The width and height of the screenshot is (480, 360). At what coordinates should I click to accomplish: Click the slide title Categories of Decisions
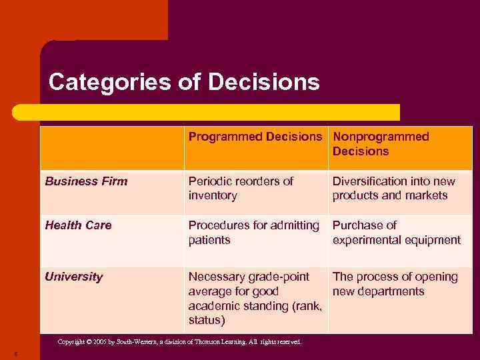click(184, 83)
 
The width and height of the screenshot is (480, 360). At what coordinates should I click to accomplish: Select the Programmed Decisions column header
click(255, 137)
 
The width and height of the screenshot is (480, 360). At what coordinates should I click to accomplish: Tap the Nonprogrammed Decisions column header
click(381, 144)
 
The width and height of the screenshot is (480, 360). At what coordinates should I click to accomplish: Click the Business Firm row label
click(86, 181)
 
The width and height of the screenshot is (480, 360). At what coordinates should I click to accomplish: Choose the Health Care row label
click(78, 225)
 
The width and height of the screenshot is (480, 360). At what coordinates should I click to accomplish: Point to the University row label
click(74, 277)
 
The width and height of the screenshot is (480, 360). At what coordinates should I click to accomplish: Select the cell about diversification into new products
click(394, 188)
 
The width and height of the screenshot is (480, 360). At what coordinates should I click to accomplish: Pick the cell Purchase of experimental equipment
click(397, 233)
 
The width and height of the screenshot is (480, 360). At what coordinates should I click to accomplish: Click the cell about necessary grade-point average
click(255, 298)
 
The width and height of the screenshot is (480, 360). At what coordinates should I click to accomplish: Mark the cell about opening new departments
click(395, 284)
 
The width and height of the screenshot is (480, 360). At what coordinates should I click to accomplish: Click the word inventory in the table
click(213, 195)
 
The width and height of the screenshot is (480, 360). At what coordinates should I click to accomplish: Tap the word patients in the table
click(210, 240)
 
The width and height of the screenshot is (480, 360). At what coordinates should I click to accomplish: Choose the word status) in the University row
click(207, 321)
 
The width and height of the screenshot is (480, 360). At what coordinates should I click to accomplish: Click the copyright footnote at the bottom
click(179, 342)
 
